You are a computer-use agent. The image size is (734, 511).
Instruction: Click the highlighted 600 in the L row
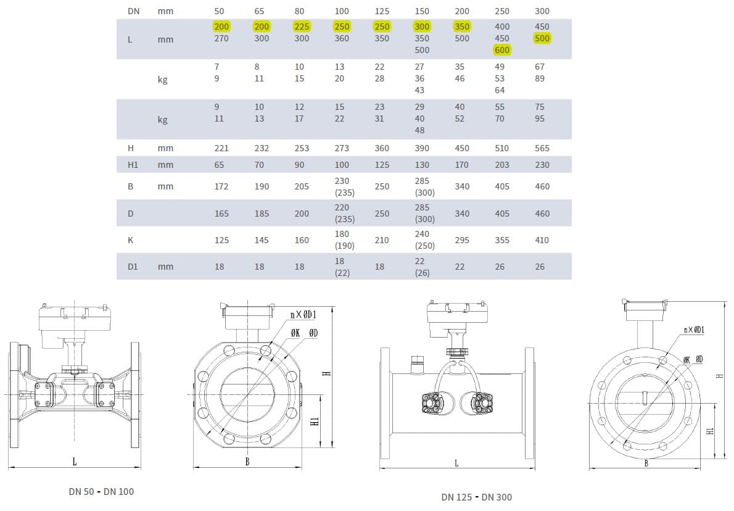(x=502, y=50)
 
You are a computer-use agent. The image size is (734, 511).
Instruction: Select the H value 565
(x=542, y=148)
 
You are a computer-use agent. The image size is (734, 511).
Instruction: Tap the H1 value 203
(x=502, y=165)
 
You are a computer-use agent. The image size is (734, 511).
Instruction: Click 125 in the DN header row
(x=382, y=11)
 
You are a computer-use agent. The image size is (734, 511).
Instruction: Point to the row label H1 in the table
(x=133, y=165)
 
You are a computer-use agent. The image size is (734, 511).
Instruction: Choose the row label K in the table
(x=130, y=240)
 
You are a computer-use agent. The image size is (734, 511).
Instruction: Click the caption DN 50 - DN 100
(x=101, y=492)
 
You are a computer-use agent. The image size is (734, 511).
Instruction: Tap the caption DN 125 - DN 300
(x=476, y=497)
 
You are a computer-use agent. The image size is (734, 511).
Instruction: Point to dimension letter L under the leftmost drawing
(x=75, y=462)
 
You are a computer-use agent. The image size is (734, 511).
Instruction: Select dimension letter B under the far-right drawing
(x=646, y=463)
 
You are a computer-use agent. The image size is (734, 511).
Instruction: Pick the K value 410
(x=542, y=240)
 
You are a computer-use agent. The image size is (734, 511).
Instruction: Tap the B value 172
(x=221, y=186)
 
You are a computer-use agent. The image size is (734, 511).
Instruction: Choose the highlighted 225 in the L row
(x=302, y=27)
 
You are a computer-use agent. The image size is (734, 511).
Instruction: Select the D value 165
(x=221, y=214)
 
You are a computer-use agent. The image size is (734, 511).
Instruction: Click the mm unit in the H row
(x=165, y=148)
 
